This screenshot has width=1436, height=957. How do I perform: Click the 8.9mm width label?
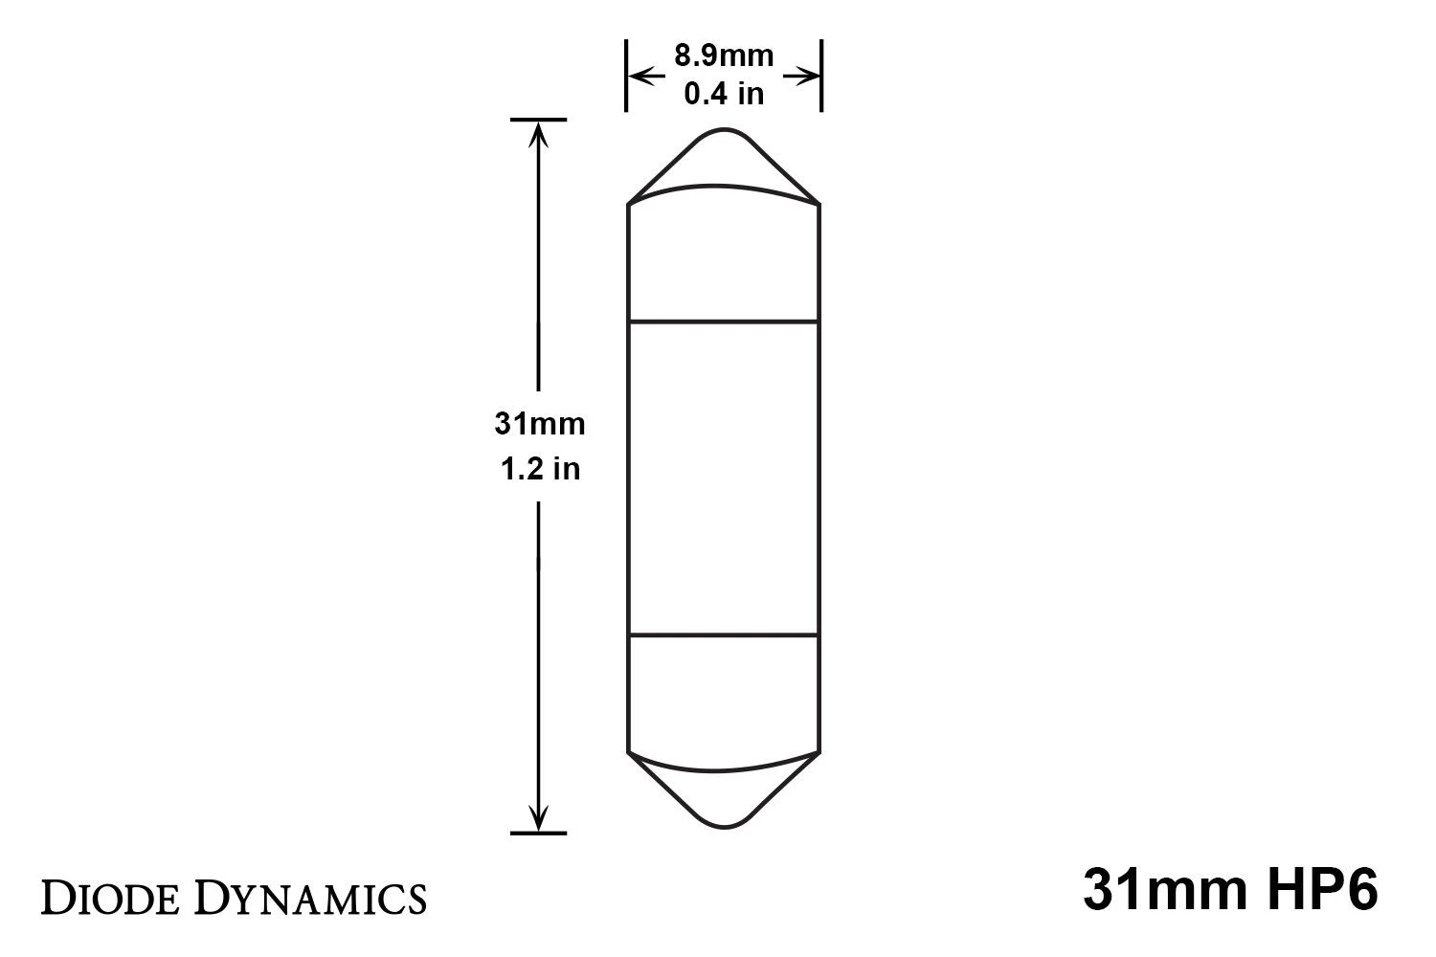724,56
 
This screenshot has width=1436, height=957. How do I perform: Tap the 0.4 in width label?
724,93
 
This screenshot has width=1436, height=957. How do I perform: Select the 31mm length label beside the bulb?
539,423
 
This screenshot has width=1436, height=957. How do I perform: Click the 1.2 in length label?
540,469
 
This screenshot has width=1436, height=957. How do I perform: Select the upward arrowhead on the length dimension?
539,135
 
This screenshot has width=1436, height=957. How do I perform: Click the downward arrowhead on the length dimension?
539,819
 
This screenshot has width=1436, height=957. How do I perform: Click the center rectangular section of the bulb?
724,478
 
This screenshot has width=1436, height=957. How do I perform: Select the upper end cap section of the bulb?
724,258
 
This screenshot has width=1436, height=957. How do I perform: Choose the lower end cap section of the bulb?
724,694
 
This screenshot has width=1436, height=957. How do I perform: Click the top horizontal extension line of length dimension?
539,120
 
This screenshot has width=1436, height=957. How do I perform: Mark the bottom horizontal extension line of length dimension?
539,834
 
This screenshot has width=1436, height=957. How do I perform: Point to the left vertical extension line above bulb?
626,76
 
